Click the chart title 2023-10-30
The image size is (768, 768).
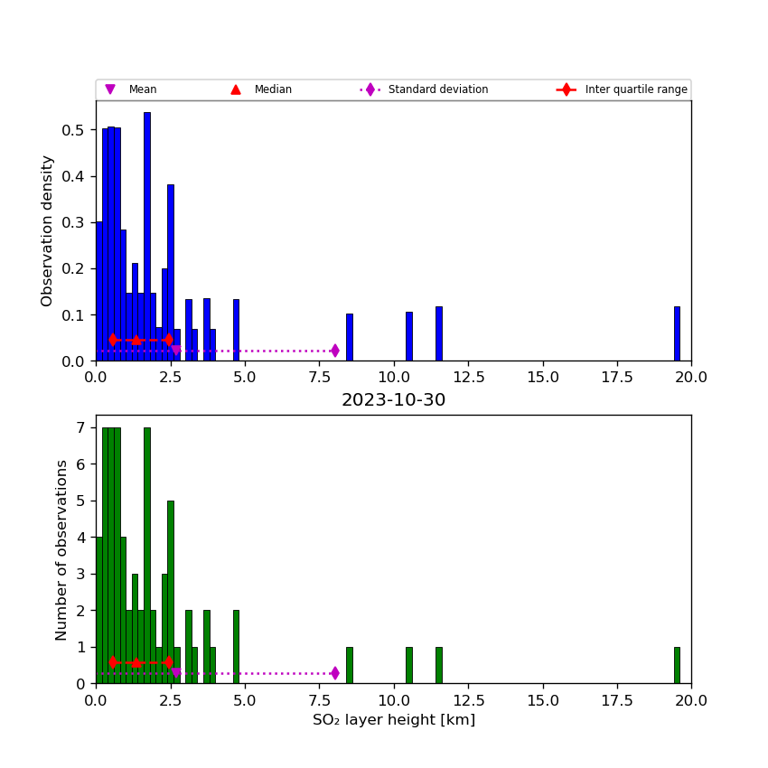pyautogui.click(x=393, y=400)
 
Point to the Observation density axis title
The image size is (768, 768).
pyautogui.click(x=48, y=230)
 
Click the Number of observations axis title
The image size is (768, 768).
pyautogui.click(x=62, y=549)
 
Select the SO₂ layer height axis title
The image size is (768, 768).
pyautogui.click(x=393, y=720)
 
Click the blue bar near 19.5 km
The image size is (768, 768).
pyautogui.click(x=677, y=334)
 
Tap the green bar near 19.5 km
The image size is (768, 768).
pyautogui.click(x=677, y=665)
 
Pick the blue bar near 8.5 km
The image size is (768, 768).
pyautogui.click(x=350, y=338)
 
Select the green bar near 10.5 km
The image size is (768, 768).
pyautogui.click(x=408, y=665)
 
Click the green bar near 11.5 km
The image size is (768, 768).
pyautogui.click(x=438, y=665)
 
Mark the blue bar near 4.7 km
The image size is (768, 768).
pyautogui.click(x=236, y=331)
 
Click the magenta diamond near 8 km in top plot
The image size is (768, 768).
pyautogui.click(x=334, y=351)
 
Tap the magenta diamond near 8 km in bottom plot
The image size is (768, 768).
pyautogui.click(x=334, y=673)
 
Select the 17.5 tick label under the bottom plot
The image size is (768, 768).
pyautogui.click(x=617, y=700)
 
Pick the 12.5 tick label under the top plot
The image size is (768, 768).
pyautogui.click(x=468, y=378)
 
